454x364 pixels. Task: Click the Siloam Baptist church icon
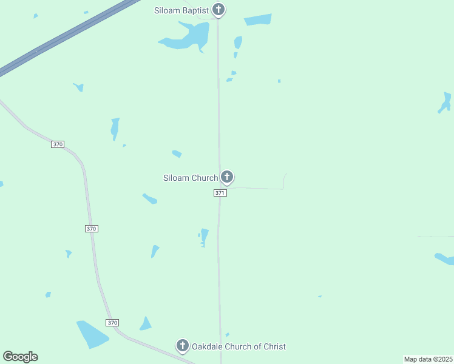219,10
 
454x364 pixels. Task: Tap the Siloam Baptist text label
180,10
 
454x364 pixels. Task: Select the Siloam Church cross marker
227,177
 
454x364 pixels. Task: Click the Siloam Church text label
190,178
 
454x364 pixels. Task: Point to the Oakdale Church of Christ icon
182,346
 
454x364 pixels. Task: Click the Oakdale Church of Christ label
239,346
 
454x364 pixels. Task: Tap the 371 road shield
220,193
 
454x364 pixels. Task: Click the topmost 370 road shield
58,144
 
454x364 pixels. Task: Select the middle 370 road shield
91,229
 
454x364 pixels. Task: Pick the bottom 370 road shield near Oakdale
112,322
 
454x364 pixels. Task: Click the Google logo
20,357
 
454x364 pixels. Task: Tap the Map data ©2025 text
429,359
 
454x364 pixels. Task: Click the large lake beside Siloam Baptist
193,36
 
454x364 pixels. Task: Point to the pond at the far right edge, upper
446,102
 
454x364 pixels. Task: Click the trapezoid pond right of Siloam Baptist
258,20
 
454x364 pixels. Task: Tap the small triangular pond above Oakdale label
146,325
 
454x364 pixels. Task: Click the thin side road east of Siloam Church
261,188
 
